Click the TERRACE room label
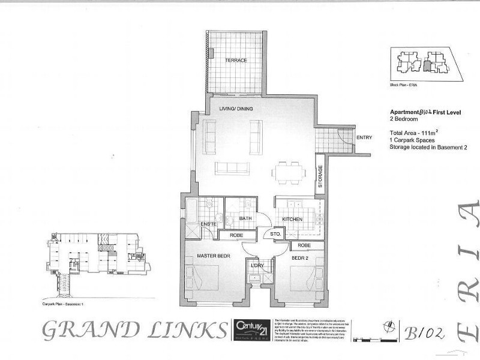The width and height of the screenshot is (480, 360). pyautogui.click(x=236, y=61)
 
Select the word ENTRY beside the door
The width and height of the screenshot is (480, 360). pyautogui.click(x=364, y=137)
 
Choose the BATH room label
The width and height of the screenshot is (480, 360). pyautogui.click(x=245, y=219)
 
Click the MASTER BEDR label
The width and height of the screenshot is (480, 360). pyautogui.click(x=214, y=257)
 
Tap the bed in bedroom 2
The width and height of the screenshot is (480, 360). pyautogui.click(x=305, y=278)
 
